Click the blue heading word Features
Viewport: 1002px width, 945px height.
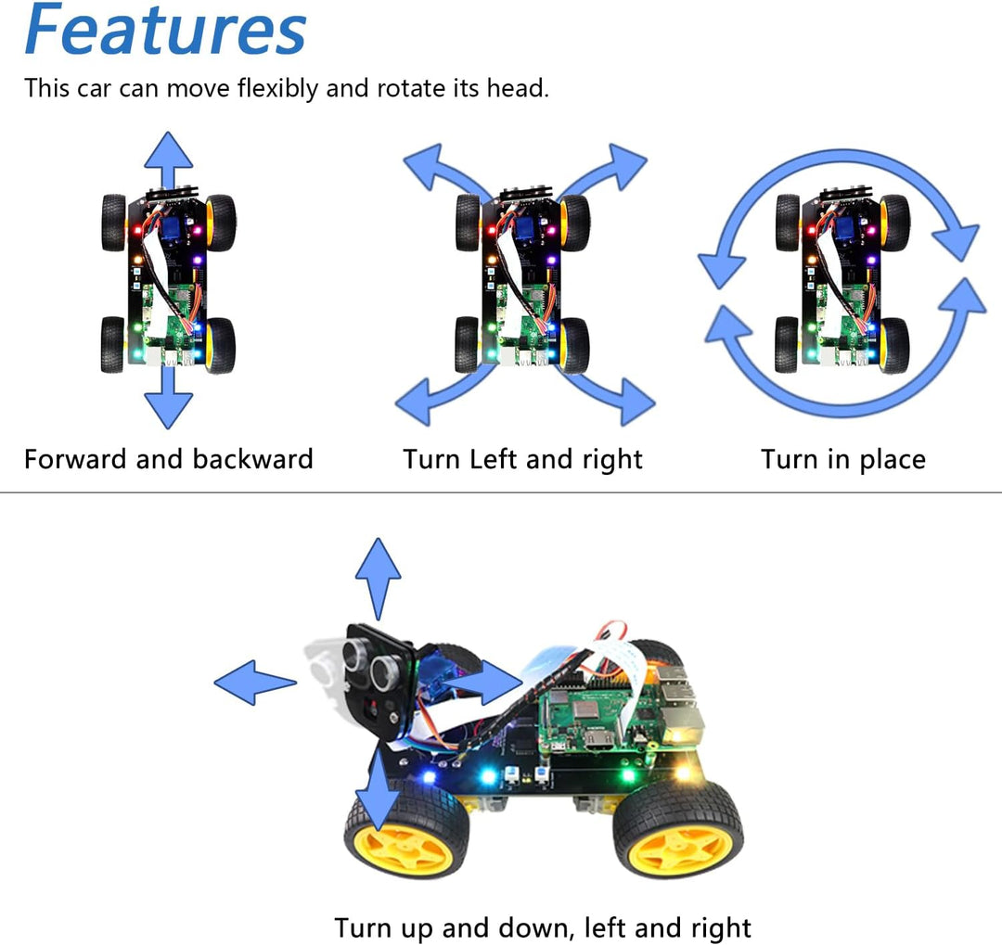[x=165, y=30]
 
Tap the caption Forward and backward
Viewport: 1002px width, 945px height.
[x=168, y=459]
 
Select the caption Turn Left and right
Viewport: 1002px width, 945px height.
[x=522, y=459]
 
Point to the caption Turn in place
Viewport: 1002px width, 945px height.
[x=843, y=459]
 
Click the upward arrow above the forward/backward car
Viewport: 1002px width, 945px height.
[x=168, y=158]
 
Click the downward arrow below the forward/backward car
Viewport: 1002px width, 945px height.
[x=168, y=401]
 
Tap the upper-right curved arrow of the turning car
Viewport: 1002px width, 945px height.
[x=608, y=172]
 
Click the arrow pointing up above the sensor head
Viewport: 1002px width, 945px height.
[x=378, y=575]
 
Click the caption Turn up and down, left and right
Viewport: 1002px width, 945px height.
[x=542, y=927]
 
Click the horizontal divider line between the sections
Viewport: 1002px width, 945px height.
[x=501, y=492]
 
